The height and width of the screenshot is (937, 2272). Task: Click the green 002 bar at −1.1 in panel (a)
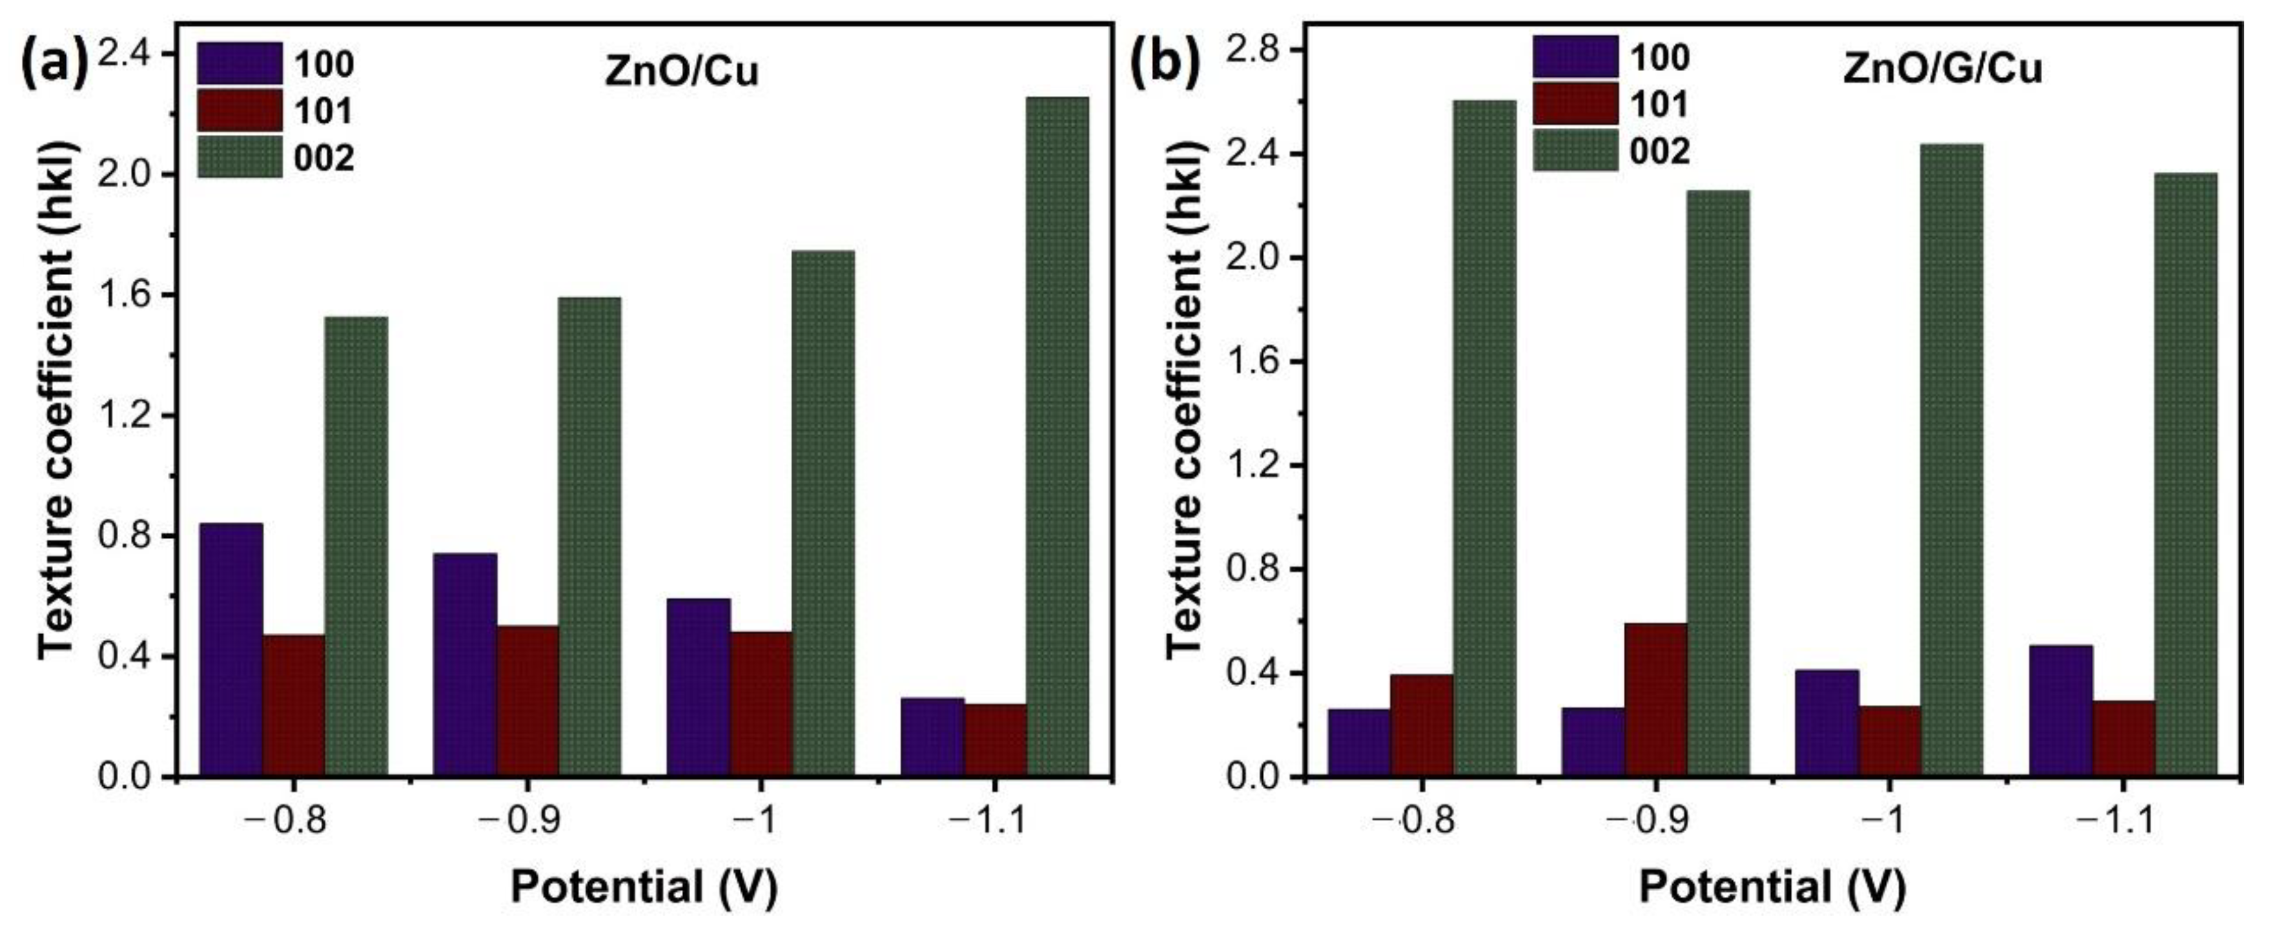[x=1057, y=437]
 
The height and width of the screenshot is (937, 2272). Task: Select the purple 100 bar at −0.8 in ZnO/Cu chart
[x=231, y=650]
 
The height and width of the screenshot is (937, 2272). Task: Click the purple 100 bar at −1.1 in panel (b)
[x=2060, y=711]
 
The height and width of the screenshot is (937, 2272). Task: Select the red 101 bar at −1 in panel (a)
[x=761, y=704]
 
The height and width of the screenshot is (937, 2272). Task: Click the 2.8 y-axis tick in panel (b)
[x=1253, y=50]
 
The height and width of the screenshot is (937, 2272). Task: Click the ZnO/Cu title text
[x=681, y=72]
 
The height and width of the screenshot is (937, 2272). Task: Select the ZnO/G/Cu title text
[x=1942, y=69]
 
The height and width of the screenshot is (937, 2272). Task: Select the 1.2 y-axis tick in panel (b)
[x=1253, y=466]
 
